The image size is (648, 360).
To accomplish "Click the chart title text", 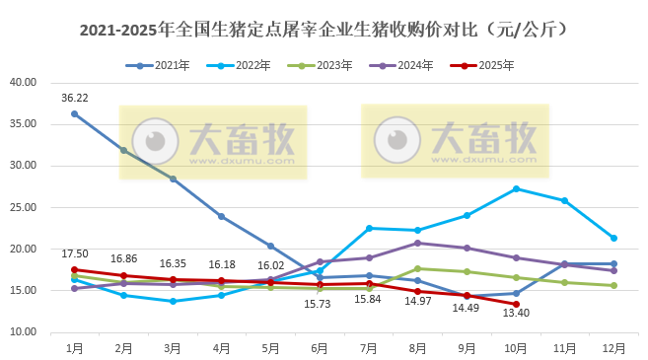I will point(324,30).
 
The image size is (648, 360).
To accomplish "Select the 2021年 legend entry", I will point(159,66).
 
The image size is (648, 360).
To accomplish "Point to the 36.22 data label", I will point(75,98).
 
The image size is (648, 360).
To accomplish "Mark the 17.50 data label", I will point(75,253).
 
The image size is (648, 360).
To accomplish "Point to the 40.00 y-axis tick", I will point(23,83).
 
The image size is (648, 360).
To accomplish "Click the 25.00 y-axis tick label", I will point(23,207).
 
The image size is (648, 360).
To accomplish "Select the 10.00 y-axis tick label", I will point(23,332).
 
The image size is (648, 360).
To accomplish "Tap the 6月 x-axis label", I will point(320,347).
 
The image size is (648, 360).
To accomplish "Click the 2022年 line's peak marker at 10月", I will point(516,188).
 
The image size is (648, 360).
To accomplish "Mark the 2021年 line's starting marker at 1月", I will point(74,113).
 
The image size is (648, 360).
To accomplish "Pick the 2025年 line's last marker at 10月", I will point(516,304).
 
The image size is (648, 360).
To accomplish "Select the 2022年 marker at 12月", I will point(613,238).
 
